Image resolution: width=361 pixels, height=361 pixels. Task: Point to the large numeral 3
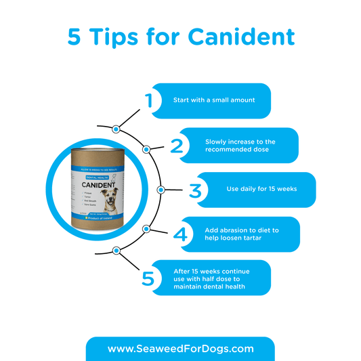tap(196, 190)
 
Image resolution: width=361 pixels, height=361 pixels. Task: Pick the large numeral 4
tap(179, 234)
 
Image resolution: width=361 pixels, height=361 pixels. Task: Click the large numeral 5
tap(150, 278)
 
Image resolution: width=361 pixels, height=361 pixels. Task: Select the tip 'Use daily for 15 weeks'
tap(260, 190)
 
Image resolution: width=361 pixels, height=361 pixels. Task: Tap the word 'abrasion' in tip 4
tap(233, 230)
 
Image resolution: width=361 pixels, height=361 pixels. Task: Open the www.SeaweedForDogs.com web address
tap(181, 349)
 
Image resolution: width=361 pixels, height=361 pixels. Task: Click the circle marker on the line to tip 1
tap(116, 128)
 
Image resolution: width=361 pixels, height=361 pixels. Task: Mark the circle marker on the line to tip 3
tap(161, 190)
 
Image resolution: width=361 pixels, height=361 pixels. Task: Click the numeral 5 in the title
tap(75, 37)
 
